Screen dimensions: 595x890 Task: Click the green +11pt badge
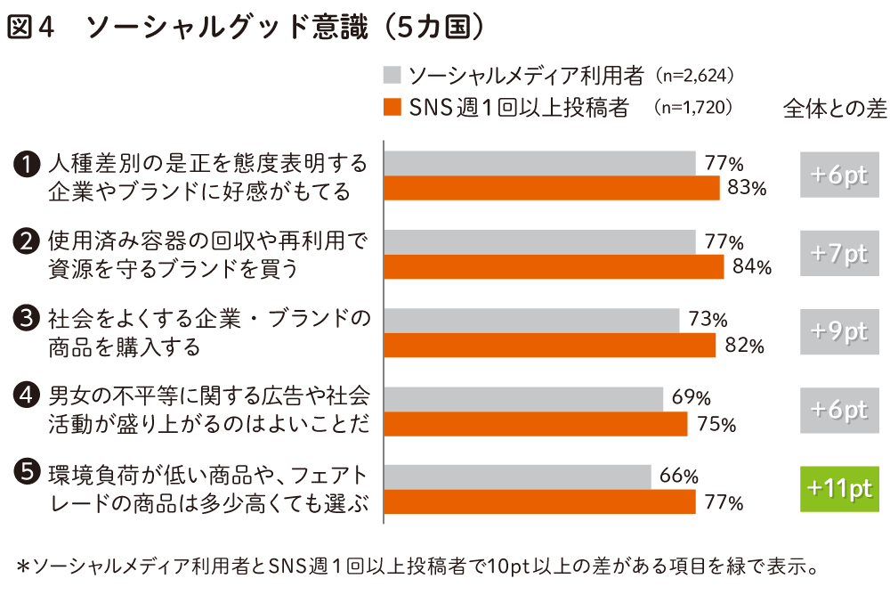[x=839, y=489]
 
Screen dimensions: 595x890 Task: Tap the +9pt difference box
[x=839, y=331]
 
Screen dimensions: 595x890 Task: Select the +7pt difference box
[x=839, y=253]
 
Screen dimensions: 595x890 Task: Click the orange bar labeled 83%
[x=551, y=188]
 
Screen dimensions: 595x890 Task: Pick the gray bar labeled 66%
[x=517, y=477]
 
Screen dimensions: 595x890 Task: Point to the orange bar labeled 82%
[x=549, y=346]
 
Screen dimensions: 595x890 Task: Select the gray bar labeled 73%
[x=531, y=320]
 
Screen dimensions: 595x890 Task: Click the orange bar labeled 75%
[x=535, y=424]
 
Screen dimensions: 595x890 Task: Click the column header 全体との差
[x=835, y=109]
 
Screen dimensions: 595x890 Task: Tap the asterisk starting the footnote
[x=24, y=566]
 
